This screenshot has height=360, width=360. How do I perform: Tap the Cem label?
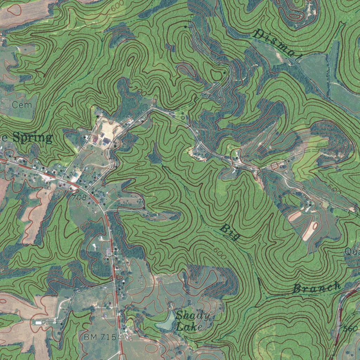coord(21,105)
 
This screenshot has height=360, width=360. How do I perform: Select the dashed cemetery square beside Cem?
coord(5,103)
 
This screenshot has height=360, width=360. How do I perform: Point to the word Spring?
coord(32,137)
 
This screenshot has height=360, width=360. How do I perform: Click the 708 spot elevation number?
coord(79,198)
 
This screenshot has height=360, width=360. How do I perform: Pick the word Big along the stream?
coord(231,233)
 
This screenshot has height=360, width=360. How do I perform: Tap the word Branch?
coord(317,288)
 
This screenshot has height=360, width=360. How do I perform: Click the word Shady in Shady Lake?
coord(193,315)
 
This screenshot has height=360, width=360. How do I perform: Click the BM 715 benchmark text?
coord(100,337)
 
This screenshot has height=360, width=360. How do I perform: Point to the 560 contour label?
coord(350,329)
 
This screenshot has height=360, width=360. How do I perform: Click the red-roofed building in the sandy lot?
coord(95,140)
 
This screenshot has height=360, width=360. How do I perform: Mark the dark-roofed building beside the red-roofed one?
coord(107,141)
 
